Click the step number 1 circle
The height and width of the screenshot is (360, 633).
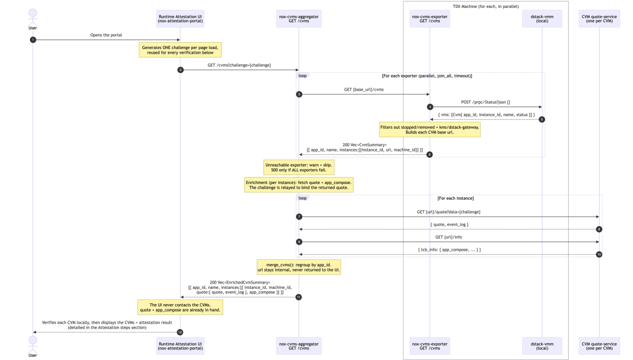(x=33, y=40)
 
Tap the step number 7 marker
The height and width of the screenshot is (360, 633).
(x=299, y=217)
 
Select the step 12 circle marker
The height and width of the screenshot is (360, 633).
(x=180, y=333)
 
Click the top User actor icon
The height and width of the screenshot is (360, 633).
(x=33, y=17)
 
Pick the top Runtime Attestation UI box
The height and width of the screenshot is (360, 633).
(x=180, y=18)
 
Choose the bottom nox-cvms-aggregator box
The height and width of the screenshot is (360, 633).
(x=299, y=346)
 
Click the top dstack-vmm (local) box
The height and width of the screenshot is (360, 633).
(x=542, y=18)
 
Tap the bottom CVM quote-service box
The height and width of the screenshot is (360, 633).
(x=599, y=346)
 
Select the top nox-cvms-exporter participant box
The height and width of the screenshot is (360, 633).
(x=430, y=18)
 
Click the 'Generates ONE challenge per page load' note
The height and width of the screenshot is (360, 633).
(x=180, y=50)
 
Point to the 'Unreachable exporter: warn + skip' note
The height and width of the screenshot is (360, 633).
(x=299, y=168)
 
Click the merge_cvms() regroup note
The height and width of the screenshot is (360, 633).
(x=299, y=267)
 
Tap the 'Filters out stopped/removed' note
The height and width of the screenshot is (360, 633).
(x=430, y=130)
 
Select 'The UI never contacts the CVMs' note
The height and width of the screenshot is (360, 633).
(x=180, y=307)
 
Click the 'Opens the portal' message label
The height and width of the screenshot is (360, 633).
(x=106, y=35)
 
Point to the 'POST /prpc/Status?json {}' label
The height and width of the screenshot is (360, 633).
(x=486, y=102)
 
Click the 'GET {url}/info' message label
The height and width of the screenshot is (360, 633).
(x=449, y=237)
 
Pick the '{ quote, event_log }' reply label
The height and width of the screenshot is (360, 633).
(x=449, y=225)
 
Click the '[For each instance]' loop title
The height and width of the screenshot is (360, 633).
(x=456, y=198)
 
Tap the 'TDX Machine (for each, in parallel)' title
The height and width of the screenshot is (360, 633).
(x=486, y=6)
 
